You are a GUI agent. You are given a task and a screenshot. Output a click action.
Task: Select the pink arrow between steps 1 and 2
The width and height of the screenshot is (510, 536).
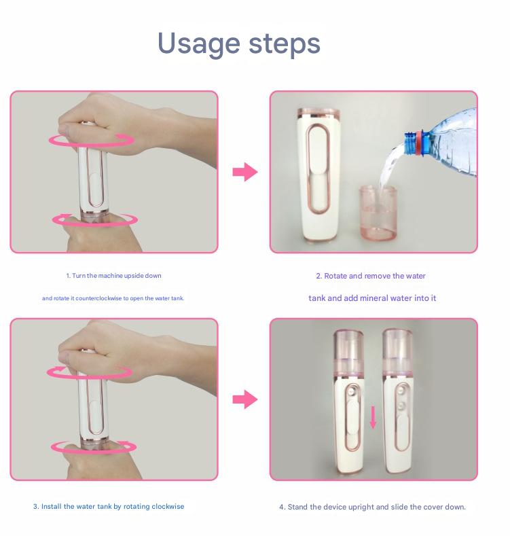244,172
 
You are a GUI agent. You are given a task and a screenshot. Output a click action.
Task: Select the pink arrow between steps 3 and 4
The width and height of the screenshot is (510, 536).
244,399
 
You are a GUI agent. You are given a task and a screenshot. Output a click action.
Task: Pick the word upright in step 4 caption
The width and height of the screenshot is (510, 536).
365,507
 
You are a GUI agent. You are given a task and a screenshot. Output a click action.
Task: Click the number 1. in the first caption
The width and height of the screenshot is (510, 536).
68,276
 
